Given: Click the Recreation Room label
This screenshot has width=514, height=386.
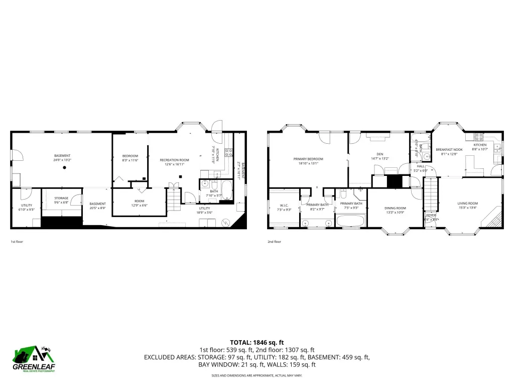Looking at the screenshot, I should click(x=174, y=160).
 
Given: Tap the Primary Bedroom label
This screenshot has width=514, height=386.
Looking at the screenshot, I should click(x=308, y=159).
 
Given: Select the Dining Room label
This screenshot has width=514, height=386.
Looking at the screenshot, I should click(x=395, y=208).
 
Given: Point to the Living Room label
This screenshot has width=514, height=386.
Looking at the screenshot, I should click(x=467, y=204).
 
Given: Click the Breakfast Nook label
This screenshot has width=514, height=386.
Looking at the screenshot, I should click(x=449, y=149).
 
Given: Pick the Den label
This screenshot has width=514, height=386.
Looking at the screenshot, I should click(x=379, y=154).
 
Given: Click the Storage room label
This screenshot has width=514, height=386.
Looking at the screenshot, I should click(x=61, y=198).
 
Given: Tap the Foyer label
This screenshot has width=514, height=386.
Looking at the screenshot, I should click(x=431, y=215).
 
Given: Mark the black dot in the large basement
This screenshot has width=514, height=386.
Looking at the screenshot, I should click(x=65, y=168).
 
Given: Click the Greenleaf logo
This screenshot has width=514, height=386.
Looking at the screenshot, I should click(x=35, y=359).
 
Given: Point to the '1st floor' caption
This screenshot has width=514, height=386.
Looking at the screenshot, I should click(x=17, y=242).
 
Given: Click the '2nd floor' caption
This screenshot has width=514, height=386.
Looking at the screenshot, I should click(x=274, y=242).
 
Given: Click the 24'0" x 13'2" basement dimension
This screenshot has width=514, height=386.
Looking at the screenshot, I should click(x=63, y=160).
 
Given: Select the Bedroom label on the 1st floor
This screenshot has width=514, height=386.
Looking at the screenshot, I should click(x=130, y=156).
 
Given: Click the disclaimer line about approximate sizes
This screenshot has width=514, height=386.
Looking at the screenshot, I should click(x=257, y=375).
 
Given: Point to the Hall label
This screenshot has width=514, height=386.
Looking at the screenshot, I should click(x=421, y=166).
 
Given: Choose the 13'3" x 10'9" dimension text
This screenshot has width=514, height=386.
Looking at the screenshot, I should click(x=395, y=213).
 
